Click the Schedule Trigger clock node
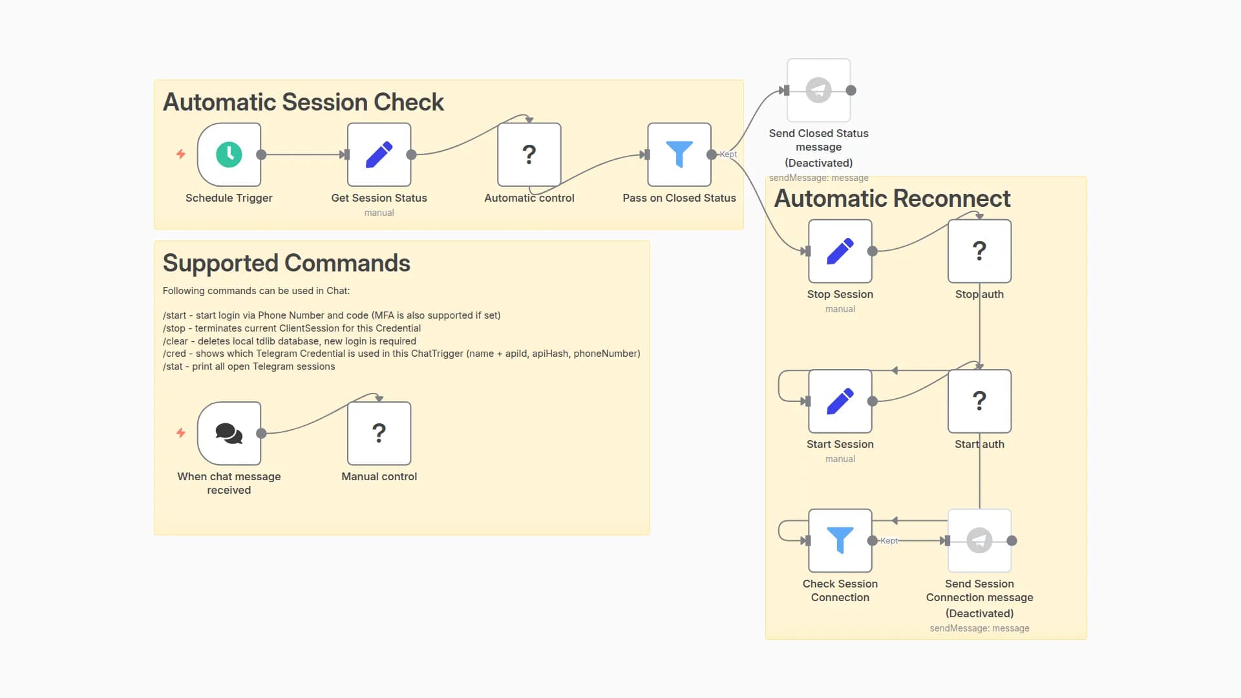(x=229, y=154)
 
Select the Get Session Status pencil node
(x=379, y=154)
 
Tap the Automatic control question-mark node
(x=529, y=154)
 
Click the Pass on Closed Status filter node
(x=679, y=154)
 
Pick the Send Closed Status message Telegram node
(x=818, y=90)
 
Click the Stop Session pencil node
(x=840, y=251)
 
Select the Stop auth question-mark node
(x=979, y=251)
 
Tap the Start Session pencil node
(x=840, y=401)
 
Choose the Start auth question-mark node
(x=979, y=401)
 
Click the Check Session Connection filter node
(x=840, y=540)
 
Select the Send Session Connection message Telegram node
(x=979, y=540)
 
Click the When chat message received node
(x=229, y=433)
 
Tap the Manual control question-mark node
(x=379, y=433)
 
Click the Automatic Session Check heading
(x=303, y=102)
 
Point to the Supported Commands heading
(x=286, y=263)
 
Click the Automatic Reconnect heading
(x=892, y=198)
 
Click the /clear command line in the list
(x=289, y=341)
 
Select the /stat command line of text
(x=249, y=366)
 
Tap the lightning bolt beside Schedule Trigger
(x=181, y=154)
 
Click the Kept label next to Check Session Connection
(x=889, y=541)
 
